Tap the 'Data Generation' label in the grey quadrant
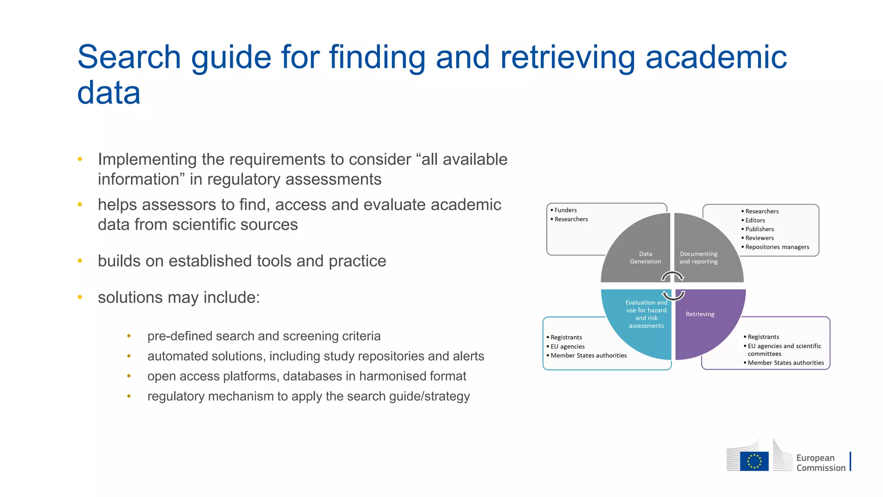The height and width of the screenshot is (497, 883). click(x=645, y=258)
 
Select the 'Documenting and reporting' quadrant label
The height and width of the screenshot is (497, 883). click(x=698, y=258)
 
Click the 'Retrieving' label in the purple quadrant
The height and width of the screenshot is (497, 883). click(x=700, y=314)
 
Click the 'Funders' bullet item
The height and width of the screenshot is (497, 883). click(x=565, y=210)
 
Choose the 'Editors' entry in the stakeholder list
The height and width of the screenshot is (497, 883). click(x=755, y=220)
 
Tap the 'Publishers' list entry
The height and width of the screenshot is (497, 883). click(x=759, y=229)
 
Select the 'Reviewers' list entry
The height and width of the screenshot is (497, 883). click(x=759, y=238)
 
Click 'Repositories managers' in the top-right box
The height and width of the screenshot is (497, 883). click(x=777, y=247)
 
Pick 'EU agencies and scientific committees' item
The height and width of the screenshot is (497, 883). click(x=784, y=349)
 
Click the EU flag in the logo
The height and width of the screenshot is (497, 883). click(x=754, y=461)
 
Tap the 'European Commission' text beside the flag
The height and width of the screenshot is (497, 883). click(x=820, y=462)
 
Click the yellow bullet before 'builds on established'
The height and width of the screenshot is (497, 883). click(x=80, y=261)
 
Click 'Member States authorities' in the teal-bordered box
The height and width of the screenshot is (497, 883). click(x=588, y=355)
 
